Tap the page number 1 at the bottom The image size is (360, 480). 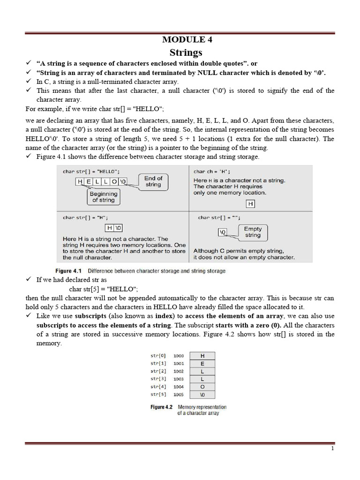332,449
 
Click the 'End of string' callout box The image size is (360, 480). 153,181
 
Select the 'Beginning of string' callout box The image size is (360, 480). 104,197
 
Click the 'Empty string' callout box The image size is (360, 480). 253,232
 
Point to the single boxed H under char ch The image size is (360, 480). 251,203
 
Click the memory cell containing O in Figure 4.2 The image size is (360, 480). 202,387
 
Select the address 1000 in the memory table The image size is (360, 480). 179,356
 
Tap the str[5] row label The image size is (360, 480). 158,394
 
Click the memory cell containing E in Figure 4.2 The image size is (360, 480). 202,363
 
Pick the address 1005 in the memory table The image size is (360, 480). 179,394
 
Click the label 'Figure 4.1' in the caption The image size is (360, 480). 68,271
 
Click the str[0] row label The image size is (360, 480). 158,356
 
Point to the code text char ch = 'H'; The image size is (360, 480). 212,172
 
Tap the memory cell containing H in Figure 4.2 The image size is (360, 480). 202,356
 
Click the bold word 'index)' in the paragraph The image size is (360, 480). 148,315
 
